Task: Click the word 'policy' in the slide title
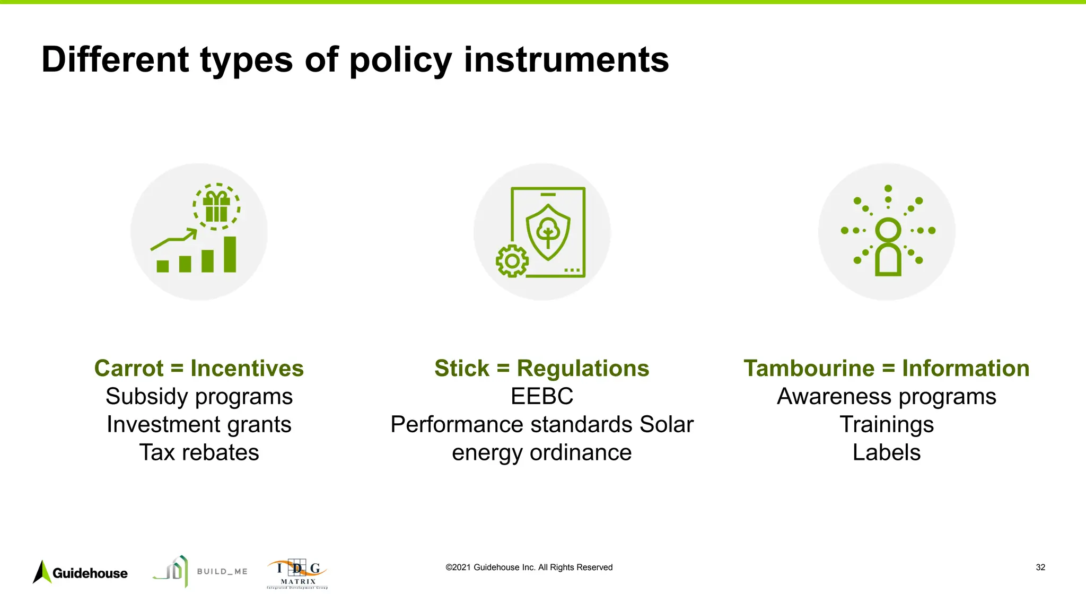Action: tap(400, 59)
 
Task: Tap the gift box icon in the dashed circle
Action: tap(216, 207)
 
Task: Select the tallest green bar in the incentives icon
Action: tap(230, 254)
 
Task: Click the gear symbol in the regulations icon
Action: tap(512, 260)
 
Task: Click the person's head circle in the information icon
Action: tap(888, 230)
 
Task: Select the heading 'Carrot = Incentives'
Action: tap(199, 368)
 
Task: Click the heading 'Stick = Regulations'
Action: tap(541, 368)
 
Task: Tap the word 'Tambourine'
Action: tap(809, 368)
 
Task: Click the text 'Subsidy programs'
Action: tap(199, 396)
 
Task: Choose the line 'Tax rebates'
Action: tap(199, 452)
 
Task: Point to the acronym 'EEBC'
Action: tap(541, 396)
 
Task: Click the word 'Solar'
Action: tap(666, 424)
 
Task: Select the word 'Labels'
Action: tap(886, 452)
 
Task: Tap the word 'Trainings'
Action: tap(886, 424)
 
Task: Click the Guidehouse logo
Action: tap(81, 572)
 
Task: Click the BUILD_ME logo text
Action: tap(222, 571)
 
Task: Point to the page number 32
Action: tap(1040, 568)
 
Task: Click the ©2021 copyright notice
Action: tap(529, 568)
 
